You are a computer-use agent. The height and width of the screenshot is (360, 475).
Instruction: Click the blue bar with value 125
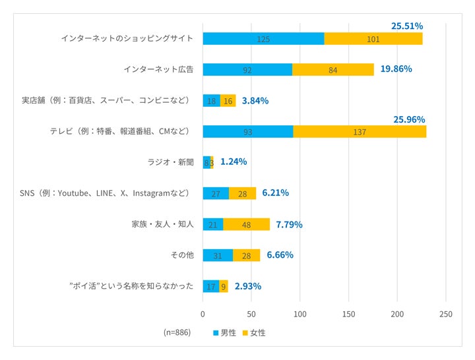pos(263,39)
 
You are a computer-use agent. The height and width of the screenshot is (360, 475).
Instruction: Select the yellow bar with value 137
pos(360,132)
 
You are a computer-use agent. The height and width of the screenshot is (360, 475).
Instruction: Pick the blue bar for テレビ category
pos(247,132)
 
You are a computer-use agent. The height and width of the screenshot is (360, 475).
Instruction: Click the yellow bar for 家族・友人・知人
pos(247,224)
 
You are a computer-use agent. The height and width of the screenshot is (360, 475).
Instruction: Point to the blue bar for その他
pos(218,255)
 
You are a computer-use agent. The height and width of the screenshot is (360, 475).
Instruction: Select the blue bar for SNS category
pos(216,193)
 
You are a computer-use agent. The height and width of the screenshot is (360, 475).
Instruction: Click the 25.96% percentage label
pos(409,119)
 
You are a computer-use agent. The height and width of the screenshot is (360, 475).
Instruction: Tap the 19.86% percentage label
pos(396,69)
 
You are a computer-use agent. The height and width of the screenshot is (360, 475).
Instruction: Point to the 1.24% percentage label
pos(234,162)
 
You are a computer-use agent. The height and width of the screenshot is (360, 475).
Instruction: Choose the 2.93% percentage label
pos(247,286)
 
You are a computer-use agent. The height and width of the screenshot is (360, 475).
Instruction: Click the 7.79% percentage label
pos(289,224)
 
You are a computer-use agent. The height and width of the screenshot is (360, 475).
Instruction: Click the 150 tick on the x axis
pos(349,314)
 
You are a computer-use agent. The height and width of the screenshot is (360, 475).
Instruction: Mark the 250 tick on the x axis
pos(446,314)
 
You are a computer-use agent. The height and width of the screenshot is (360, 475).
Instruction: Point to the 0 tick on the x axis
pos(203,314)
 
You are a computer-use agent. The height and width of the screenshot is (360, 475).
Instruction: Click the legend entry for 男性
pos(224,333)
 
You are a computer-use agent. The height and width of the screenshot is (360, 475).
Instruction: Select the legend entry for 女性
pos(254,333)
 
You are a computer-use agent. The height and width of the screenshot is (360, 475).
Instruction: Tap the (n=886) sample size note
pos(177,332)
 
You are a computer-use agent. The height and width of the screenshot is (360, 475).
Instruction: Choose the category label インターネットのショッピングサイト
pos(127,38)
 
